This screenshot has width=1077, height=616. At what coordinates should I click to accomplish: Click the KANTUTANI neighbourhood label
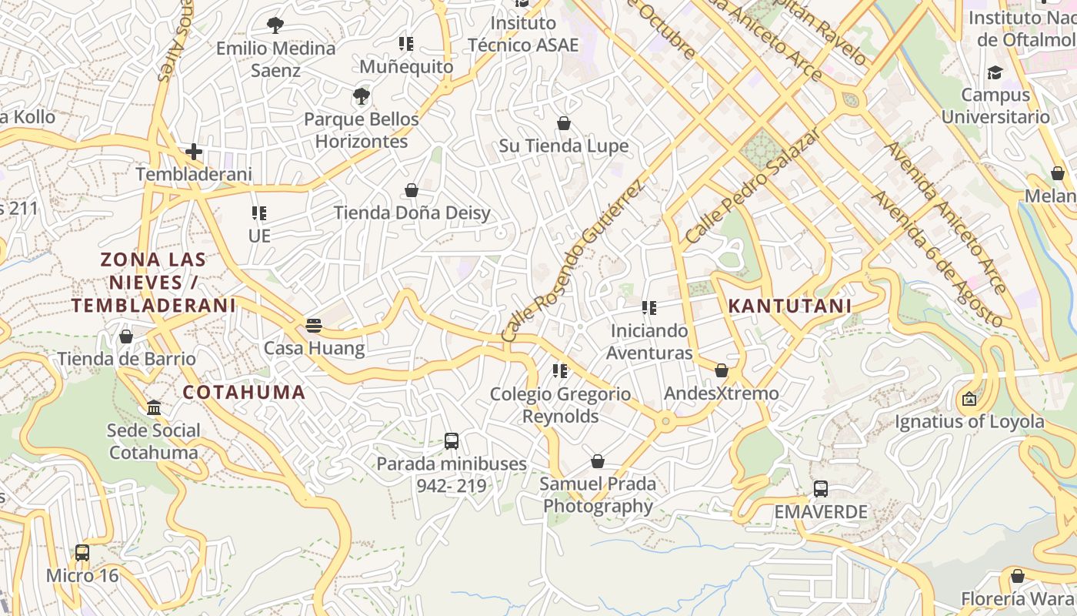(x=789, y=306)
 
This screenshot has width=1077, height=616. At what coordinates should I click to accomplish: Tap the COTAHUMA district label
(x=244, y=392)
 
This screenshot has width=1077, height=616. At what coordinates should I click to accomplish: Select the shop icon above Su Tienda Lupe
(x=564, y=123)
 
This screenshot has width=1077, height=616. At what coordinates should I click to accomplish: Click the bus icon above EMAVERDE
(x=821, y=489)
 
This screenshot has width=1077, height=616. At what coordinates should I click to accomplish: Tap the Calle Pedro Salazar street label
(x=752, y=186)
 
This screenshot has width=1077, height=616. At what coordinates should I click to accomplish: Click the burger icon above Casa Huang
(x=313, y=325)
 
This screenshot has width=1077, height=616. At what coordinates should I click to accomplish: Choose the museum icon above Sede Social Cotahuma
(x=154, y=407)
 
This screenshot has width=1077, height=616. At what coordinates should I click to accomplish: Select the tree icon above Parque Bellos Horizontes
(x=361, y=96)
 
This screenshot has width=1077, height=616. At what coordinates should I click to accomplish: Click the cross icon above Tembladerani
(x=194, y=152)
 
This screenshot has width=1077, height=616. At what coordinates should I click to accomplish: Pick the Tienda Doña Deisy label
(x=412, y=213)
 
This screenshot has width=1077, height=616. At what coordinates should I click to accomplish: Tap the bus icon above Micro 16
(x=82, y=553)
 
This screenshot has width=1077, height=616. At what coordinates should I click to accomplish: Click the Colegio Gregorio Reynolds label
(x=560, y=405)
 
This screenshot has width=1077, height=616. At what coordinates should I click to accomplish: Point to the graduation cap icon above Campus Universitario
(x=995, y=73)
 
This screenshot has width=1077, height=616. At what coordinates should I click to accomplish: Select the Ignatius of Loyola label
(x=969, y=422)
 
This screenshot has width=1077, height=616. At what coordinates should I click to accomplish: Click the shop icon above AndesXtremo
(x=722, y=370)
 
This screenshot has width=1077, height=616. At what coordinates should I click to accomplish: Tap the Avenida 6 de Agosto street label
(x=936, y=259)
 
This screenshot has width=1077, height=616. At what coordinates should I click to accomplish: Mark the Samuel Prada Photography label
(x=598, y=495)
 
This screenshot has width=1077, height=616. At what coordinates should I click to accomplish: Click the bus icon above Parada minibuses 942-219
(x=452, y=441)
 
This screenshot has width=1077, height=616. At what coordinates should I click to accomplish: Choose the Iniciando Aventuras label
(x=649, y=342)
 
